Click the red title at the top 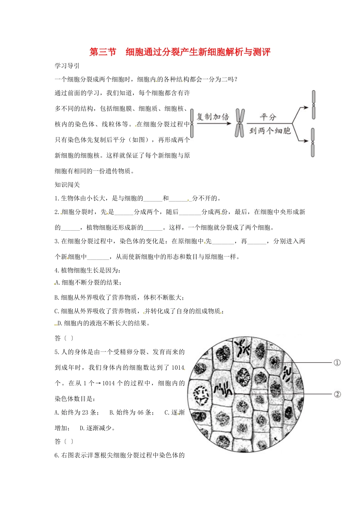pos(180,52)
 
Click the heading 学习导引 pos(67,66)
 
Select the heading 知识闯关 pos(67,184)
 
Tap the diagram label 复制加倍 pos(213,117)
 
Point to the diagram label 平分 pos(268,117)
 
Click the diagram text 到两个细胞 pos(270,131)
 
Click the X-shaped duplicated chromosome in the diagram pos(239,123)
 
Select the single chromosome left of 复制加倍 pos(192,123)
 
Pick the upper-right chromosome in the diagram pos(313,105)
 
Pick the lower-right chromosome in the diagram pos(313,142)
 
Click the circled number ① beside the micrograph pos(337,362)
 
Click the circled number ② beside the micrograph pos(337,394)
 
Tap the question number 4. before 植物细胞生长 pos(57,270)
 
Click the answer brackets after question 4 pos(69,338)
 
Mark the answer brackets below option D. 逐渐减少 pos(69,441)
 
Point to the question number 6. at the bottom pos(57,455)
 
